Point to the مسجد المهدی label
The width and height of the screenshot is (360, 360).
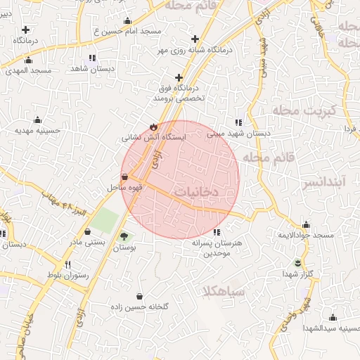coord(30,71)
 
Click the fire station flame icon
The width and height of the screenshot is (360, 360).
coord(153,127)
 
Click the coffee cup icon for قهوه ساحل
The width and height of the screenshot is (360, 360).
coord(124,176)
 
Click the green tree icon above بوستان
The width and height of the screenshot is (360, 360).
coord(124,236)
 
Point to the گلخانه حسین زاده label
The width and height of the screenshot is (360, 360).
coord(139,307)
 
